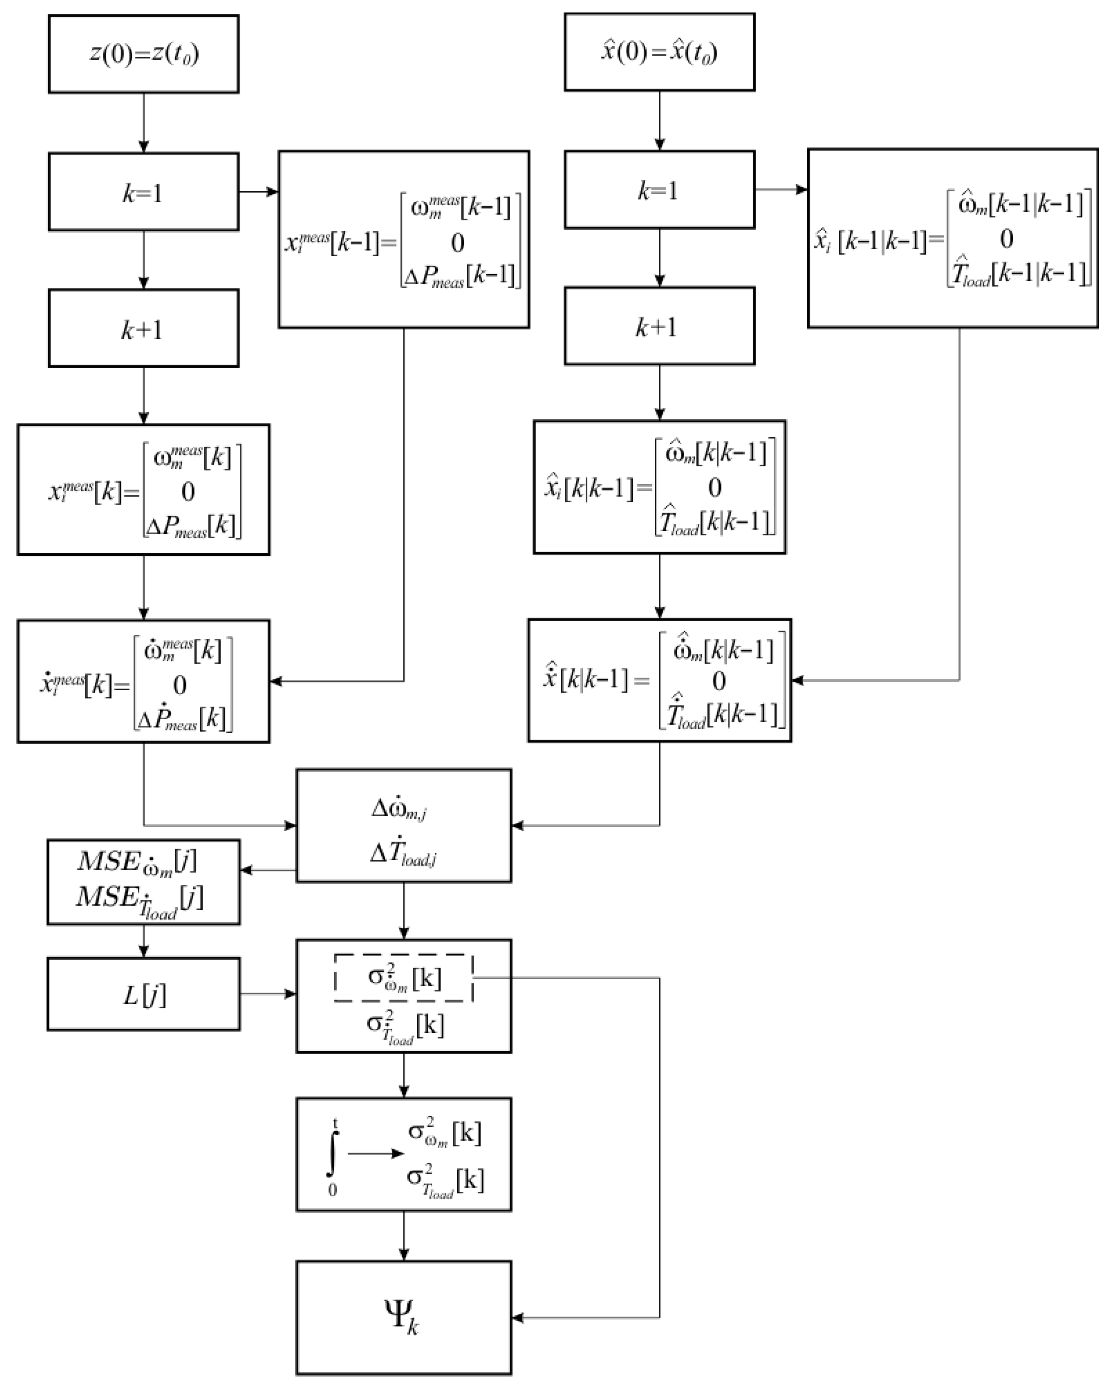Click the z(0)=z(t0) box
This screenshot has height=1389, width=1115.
(143, 54)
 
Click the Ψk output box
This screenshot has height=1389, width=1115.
(404, 1317)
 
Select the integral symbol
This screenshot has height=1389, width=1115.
(332, 1154)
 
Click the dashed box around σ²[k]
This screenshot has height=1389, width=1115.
(404, 977)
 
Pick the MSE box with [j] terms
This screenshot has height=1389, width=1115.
(143, 881)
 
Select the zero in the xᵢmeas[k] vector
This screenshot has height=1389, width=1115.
(188, 492)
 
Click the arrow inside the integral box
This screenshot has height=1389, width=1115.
(375, 1153)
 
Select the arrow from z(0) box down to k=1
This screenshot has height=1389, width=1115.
(143, 122)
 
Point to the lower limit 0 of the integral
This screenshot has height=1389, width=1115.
(332, 1190)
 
